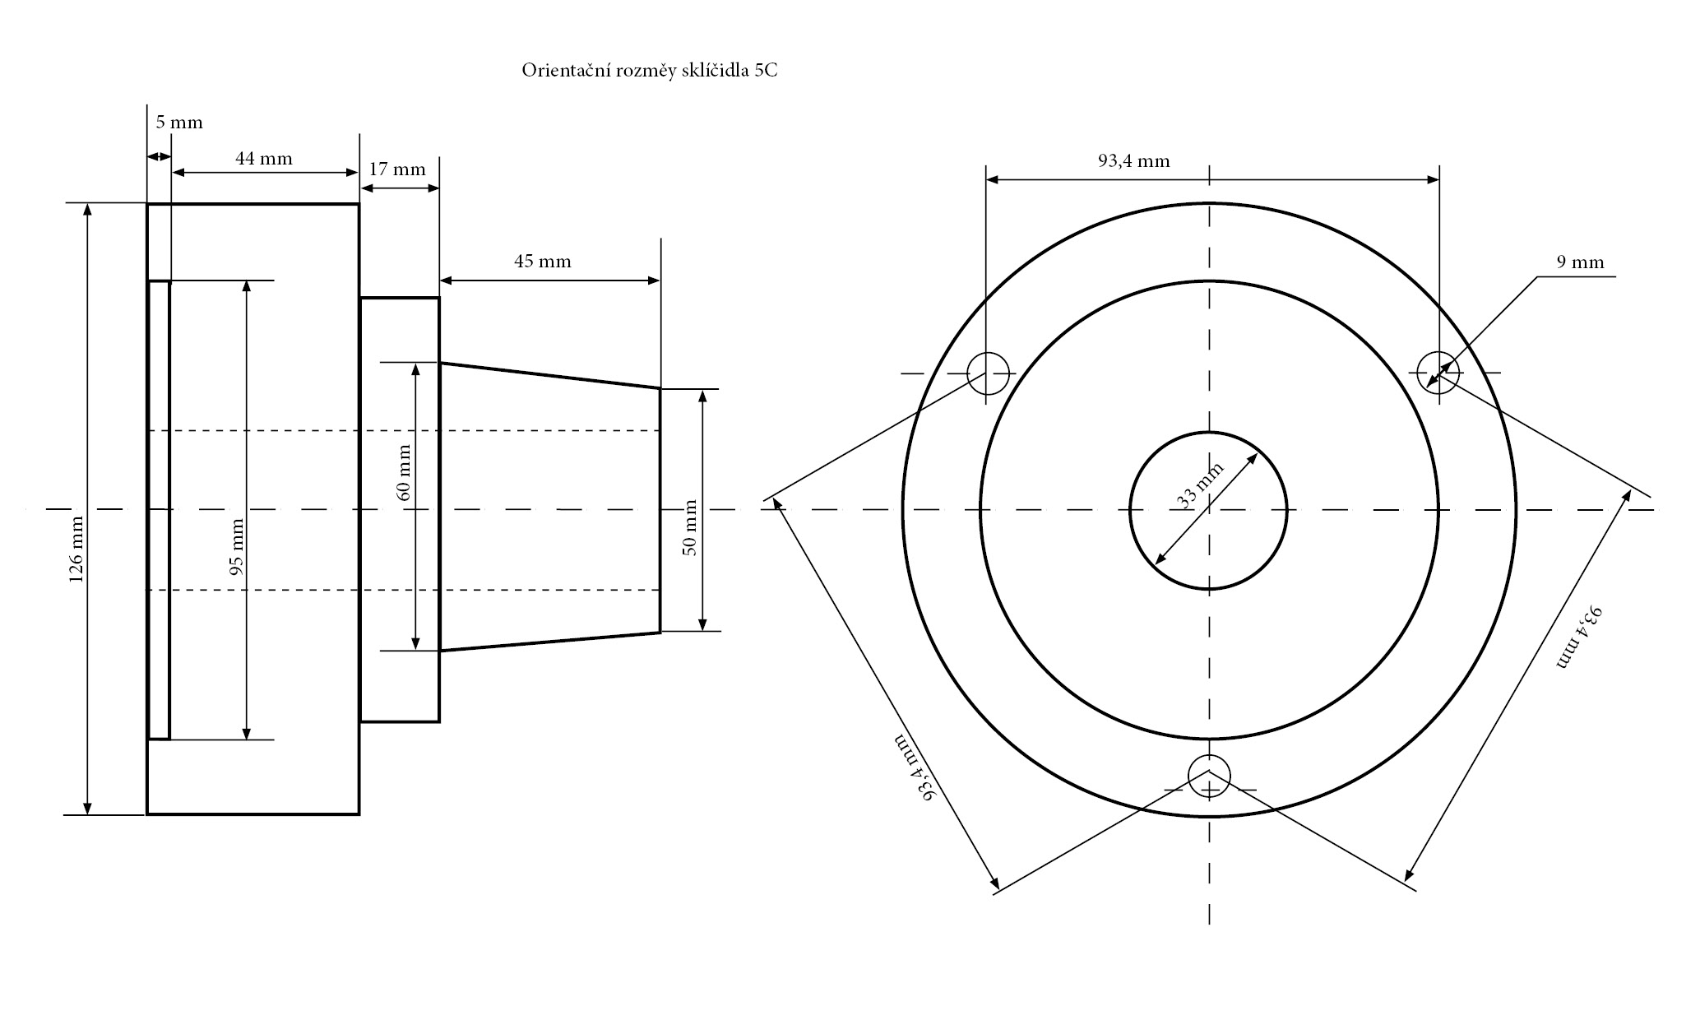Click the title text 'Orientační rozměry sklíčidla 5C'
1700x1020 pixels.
(x=649, y=71)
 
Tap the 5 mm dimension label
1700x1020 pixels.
(x=179, y=123)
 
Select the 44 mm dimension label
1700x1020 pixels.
(x=264, y=159)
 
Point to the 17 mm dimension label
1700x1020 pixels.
(x=397, y=170)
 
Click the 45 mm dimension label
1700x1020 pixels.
(x=543, y=262)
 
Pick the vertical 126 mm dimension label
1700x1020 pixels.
(x=76, y=549)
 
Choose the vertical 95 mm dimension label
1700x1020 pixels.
(x=237, y=546)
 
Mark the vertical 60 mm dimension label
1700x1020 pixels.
(x=404, y=473)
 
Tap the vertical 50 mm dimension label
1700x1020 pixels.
(x=691, y=528)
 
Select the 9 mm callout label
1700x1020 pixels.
(x=1580, y=262)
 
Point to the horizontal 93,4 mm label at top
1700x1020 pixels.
(x=1133, y=161)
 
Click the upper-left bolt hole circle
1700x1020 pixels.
(x=988, y=373)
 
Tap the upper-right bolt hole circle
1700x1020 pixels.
(x=1438, y=372)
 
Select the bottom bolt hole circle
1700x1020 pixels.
(x=1209, y=774)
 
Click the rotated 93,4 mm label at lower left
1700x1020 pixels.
(x=916, y=766)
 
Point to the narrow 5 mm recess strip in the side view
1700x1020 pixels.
(x=160, y=510)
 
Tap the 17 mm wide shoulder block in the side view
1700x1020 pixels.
(x=400, y=510)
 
